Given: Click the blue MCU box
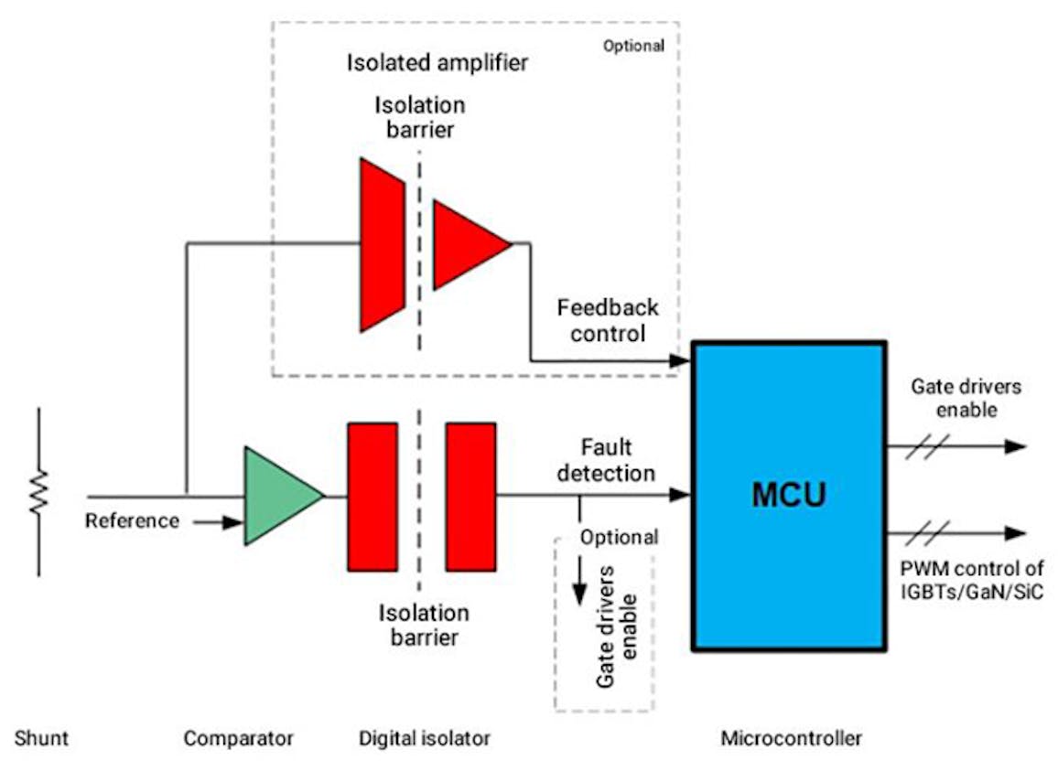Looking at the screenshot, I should (788, 496).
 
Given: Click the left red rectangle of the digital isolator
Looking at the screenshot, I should (372, 497).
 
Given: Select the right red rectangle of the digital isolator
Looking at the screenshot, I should (471, 497).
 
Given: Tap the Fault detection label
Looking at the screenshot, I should (619, 460).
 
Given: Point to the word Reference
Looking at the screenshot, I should (132, 521).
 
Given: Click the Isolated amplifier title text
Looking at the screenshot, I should (438, 64).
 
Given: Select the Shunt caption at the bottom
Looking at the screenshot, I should (41, 738).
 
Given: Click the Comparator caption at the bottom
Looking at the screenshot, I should (239, 738).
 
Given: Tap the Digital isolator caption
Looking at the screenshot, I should (424, 738).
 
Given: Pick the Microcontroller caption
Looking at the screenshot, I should (791, 738).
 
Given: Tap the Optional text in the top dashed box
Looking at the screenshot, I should (633, 45).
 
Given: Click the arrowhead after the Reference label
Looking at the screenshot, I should (234, 522).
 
